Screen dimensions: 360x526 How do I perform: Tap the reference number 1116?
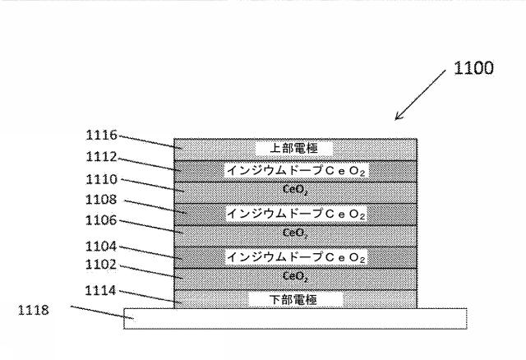click(101, 135)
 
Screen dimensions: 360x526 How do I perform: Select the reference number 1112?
click(101, 156)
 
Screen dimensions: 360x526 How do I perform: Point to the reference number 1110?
click(101, 178)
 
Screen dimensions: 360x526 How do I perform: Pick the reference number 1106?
click(101, 220)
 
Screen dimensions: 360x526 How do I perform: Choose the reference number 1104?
click(101, 245)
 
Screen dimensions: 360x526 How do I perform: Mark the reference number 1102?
click(101, 265)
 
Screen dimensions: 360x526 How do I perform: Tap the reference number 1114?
click(101, 288)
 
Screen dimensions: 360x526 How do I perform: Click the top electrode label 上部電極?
click(294, 149)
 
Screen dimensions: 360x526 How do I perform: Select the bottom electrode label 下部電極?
click(294, 300)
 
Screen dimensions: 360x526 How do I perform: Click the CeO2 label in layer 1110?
click(294, 192)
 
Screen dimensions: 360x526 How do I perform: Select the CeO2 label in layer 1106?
click(294, 234)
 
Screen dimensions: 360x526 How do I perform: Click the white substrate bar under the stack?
click(296, 318)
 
